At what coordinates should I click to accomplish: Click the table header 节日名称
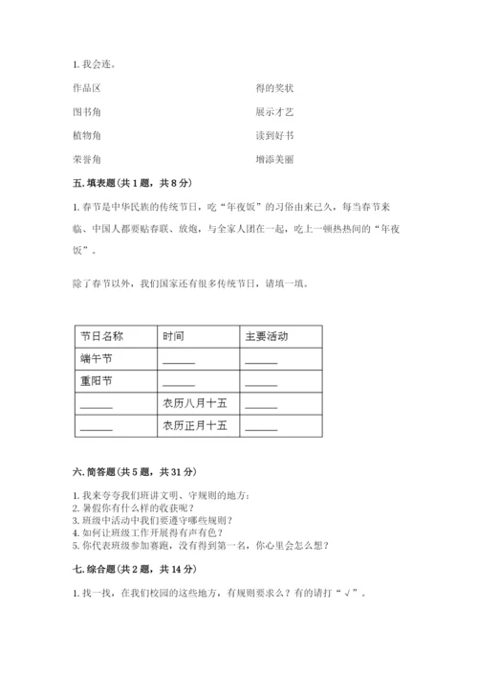tap(102, 337)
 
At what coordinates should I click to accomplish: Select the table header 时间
tap(173, 337)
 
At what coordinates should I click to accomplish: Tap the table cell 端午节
tap(97, 359)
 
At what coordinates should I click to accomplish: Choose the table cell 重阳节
tap(97, 381)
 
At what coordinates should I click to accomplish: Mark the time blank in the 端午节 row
tap(179, 361)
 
